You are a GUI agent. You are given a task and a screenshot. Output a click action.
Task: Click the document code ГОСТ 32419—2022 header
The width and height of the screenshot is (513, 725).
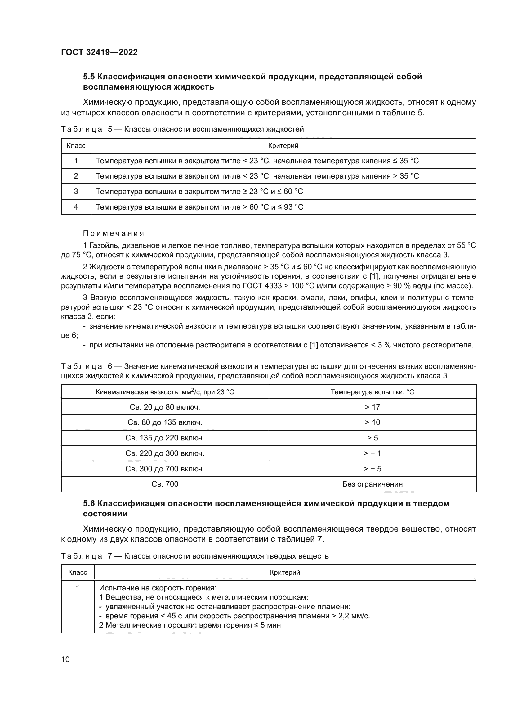pos(99,52)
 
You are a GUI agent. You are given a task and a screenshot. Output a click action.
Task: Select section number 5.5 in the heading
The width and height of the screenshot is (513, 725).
pos(89,77)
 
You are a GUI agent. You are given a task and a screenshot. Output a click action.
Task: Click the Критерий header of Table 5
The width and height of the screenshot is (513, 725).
pos(283,146)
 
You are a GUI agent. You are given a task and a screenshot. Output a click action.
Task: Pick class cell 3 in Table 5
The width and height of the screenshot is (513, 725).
pos(76,191)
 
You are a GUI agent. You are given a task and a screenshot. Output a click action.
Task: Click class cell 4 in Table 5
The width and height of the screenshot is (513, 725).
pos(76,207)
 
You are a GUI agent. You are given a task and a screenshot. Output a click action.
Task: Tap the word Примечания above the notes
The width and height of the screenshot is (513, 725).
pos(114,233)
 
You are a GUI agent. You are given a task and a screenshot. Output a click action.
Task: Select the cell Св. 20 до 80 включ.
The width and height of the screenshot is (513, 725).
pos(165,407)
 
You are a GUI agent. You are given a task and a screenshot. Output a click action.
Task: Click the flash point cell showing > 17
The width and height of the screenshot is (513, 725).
pos(372,407)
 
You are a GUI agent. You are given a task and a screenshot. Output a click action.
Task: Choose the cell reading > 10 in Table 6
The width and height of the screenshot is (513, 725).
pos(372,422)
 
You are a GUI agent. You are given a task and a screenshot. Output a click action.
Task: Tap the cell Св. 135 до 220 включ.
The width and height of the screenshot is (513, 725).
pos(165,438)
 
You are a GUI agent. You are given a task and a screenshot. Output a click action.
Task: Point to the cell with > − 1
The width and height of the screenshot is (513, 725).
pos(372,453)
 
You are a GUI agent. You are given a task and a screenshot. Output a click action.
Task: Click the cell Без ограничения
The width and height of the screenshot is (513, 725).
pos(372,484)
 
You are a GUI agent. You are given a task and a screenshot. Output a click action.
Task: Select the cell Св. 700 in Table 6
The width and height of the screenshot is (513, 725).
pos(165,484)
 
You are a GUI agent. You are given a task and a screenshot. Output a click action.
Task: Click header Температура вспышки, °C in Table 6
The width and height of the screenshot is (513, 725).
pos(372,392)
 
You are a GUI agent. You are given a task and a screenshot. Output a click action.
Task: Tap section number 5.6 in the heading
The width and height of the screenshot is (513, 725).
pos(89,504)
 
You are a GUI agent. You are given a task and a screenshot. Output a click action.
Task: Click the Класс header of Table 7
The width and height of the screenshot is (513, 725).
pos(78,572)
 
